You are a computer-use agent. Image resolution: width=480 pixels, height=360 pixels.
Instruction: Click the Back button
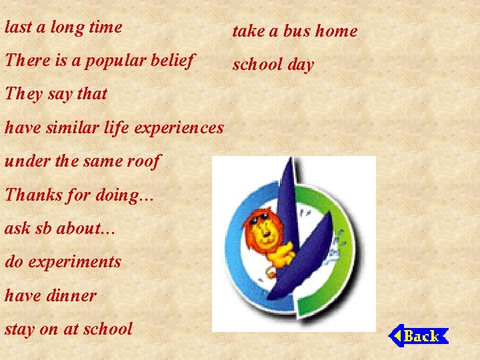coord(419,335)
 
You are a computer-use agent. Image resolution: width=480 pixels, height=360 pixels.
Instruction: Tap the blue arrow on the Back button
coord(395,335)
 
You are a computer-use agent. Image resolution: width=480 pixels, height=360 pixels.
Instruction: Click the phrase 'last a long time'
coord(63,27)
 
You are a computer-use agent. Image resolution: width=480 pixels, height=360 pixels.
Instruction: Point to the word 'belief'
coord(173,60)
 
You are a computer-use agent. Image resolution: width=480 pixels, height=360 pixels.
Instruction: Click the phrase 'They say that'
coord(56,94)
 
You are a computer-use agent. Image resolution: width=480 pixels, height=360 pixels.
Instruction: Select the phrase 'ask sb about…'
coord(61,228)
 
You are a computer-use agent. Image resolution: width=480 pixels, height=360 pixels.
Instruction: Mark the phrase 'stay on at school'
coord(69,329)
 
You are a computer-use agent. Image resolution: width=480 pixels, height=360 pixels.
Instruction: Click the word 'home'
coord(337,31)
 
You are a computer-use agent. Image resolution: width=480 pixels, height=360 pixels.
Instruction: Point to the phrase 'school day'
coord(273,65)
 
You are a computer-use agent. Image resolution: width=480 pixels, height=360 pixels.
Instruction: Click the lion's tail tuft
coord(271,273)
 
